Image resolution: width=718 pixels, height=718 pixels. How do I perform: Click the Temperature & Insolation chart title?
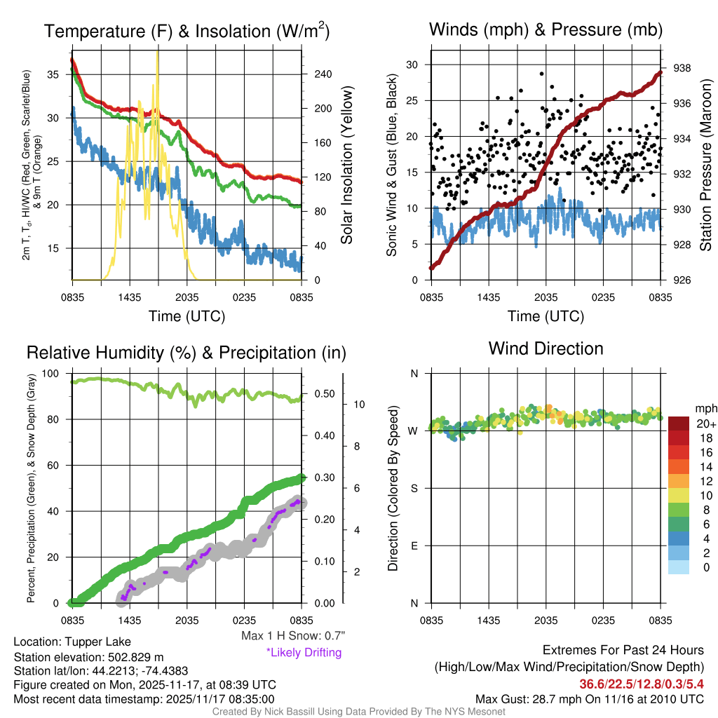coord(187,31)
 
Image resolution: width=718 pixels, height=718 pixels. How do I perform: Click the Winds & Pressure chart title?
coord(546,29)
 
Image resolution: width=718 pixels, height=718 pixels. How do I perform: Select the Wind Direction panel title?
coord(546,348)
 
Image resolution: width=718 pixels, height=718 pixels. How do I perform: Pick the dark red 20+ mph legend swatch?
coord(679,424)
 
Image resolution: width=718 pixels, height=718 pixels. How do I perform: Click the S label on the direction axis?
coord(414,488)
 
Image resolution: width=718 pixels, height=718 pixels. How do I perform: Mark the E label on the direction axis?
coord(414,546)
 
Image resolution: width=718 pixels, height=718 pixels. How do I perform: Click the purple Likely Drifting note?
coord(304,653)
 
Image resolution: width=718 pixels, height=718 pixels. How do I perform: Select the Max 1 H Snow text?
coord(292,636)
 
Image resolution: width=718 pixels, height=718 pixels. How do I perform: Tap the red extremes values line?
coord(642,684)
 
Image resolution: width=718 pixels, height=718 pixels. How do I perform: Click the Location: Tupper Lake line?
coord(72,642)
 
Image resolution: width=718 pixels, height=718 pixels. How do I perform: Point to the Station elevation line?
coord(88,657)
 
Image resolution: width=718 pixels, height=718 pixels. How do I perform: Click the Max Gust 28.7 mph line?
coord(590,698)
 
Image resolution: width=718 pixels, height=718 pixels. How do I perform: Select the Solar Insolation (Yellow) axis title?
coord(346,165)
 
